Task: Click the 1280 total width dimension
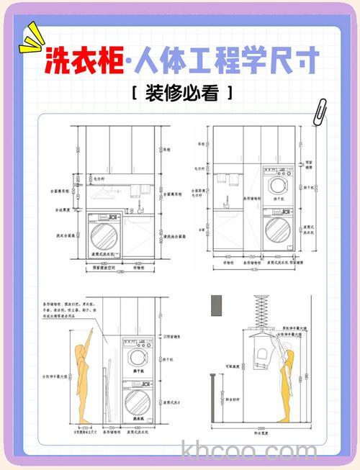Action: coord(120,272)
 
